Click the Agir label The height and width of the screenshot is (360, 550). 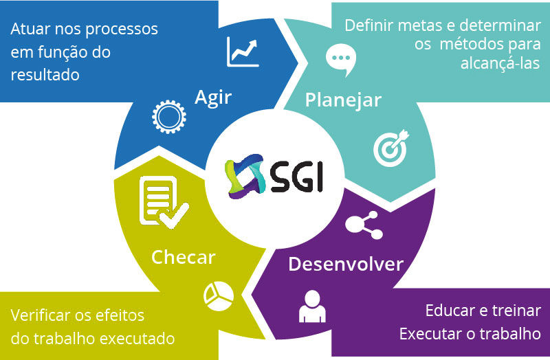[212, 97]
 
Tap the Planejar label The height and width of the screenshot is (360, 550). [342, 100]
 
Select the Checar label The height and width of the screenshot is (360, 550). [183, 258]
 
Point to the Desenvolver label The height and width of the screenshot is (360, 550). [345, 264]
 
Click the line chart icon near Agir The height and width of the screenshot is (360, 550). [243, 52]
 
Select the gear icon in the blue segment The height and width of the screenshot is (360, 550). [167, 117]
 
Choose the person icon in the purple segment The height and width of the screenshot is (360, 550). [311, 306]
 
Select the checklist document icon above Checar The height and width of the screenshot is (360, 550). [159, 201]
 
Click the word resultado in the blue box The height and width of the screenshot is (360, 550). [45, 74]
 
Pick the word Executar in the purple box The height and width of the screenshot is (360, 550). [430, 335]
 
